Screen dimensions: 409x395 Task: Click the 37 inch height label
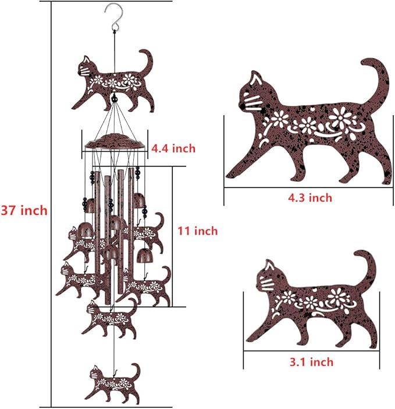24,210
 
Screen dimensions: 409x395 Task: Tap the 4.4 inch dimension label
173,149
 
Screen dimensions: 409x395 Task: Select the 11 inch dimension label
198,231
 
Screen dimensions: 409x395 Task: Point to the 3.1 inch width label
312,362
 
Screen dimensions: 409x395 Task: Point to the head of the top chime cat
86,68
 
